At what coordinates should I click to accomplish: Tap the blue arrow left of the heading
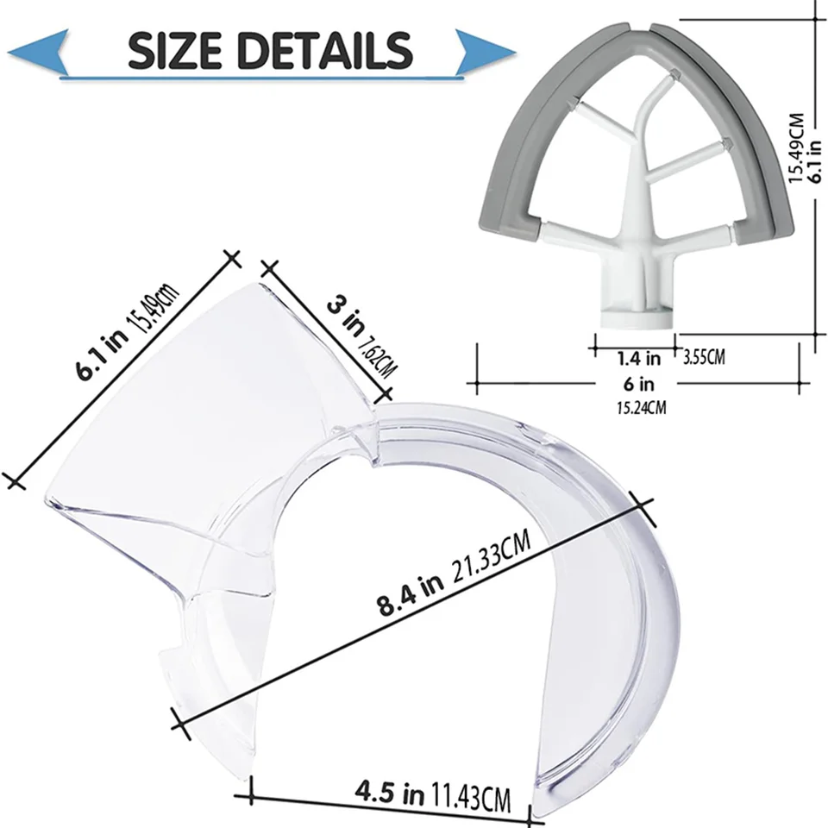[x=38, y=51]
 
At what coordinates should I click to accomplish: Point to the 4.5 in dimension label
[x=390, y=792]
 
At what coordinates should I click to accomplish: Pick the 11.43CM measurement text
[x=471, y=798]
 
